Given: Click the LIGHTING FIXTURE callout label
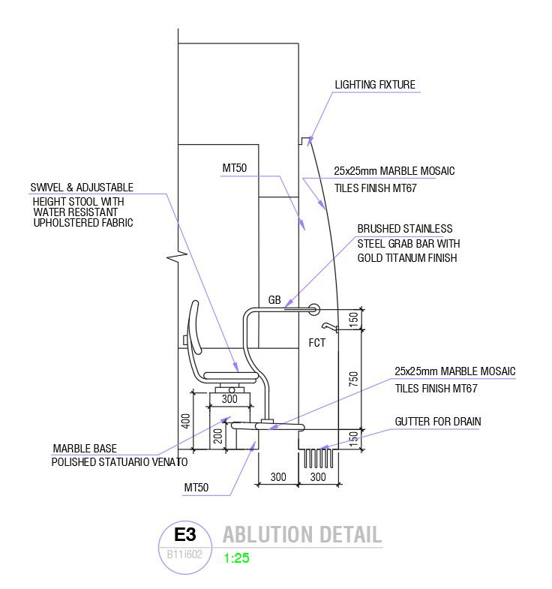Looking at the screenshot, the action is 374,85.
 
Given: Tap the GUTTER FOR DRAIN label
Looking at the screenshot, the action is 437,422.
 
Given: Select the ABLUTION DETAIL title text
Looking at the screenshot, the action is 301,535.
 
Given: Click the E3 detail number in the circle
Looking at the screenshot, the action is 184,535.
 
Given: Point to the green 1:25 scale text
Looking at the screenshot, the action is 236,558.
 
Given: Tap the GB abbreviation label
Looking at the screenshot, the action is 274,300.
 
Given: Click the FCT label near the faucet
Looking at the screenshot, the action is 317,342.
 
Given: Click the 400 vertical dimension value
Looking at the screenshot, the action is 184,421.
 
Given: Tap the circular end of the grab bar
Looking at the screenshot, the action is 313,308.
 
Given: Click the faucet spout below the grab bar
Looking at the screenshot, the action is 328,326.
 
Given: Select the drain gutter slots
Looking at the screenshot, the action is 317,458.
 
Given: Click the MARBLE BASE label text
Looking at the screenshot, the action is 84,449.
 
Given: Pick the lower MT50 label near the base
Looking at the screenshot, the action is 196,488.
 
